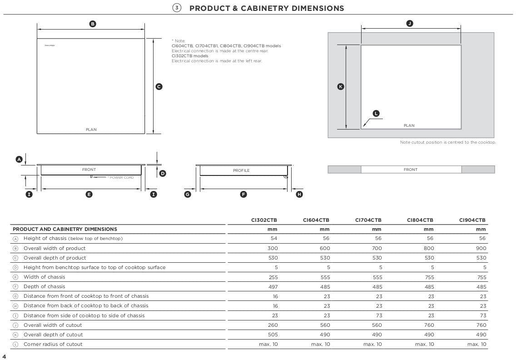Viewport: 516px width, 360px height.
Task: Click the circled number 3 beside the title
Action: pos(177,8)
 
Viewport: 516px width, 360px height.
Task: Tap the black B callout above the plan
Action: pos(93,24)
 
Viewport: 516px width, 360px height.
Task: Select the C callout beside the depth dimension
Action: pos(159,86)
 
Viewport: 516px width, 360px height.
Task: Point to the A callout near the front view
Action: pos(19,159)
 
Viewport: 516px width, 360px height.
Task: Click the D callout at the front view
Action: pos(163,173)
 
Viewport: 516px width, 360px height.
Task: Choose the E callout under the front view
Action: pos(89,194)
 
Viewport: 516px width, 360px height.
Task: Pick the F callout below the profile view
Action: pos(243,194)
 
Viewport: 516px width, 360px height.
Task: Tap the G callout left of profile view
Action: pos(188,194)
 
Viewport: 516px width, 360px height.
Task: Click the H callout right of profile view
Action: pos(299,194)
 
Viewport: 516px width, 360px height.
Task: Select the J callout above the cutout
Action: pos(410,23)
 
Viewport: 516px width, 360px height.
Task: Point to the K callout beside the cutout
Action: pos(341,86)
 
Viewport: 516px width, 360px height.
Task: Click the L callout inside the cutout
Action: pos(376,113)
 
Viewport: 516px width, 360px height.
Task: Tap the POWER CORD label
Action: pos(122,177)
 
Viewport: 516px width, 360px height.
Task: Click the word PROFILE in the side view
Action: pos(241,170)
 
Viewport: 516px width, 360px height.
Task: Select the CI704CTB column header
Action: pos(368,220)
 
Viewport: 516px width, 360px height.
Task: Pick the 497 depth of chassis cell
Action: pos(273,286)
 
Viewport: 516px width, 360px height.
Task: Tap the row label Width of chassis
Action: pos(44,277)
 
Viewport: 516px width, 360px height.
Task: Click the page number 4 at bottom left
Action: pos(4,356)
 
